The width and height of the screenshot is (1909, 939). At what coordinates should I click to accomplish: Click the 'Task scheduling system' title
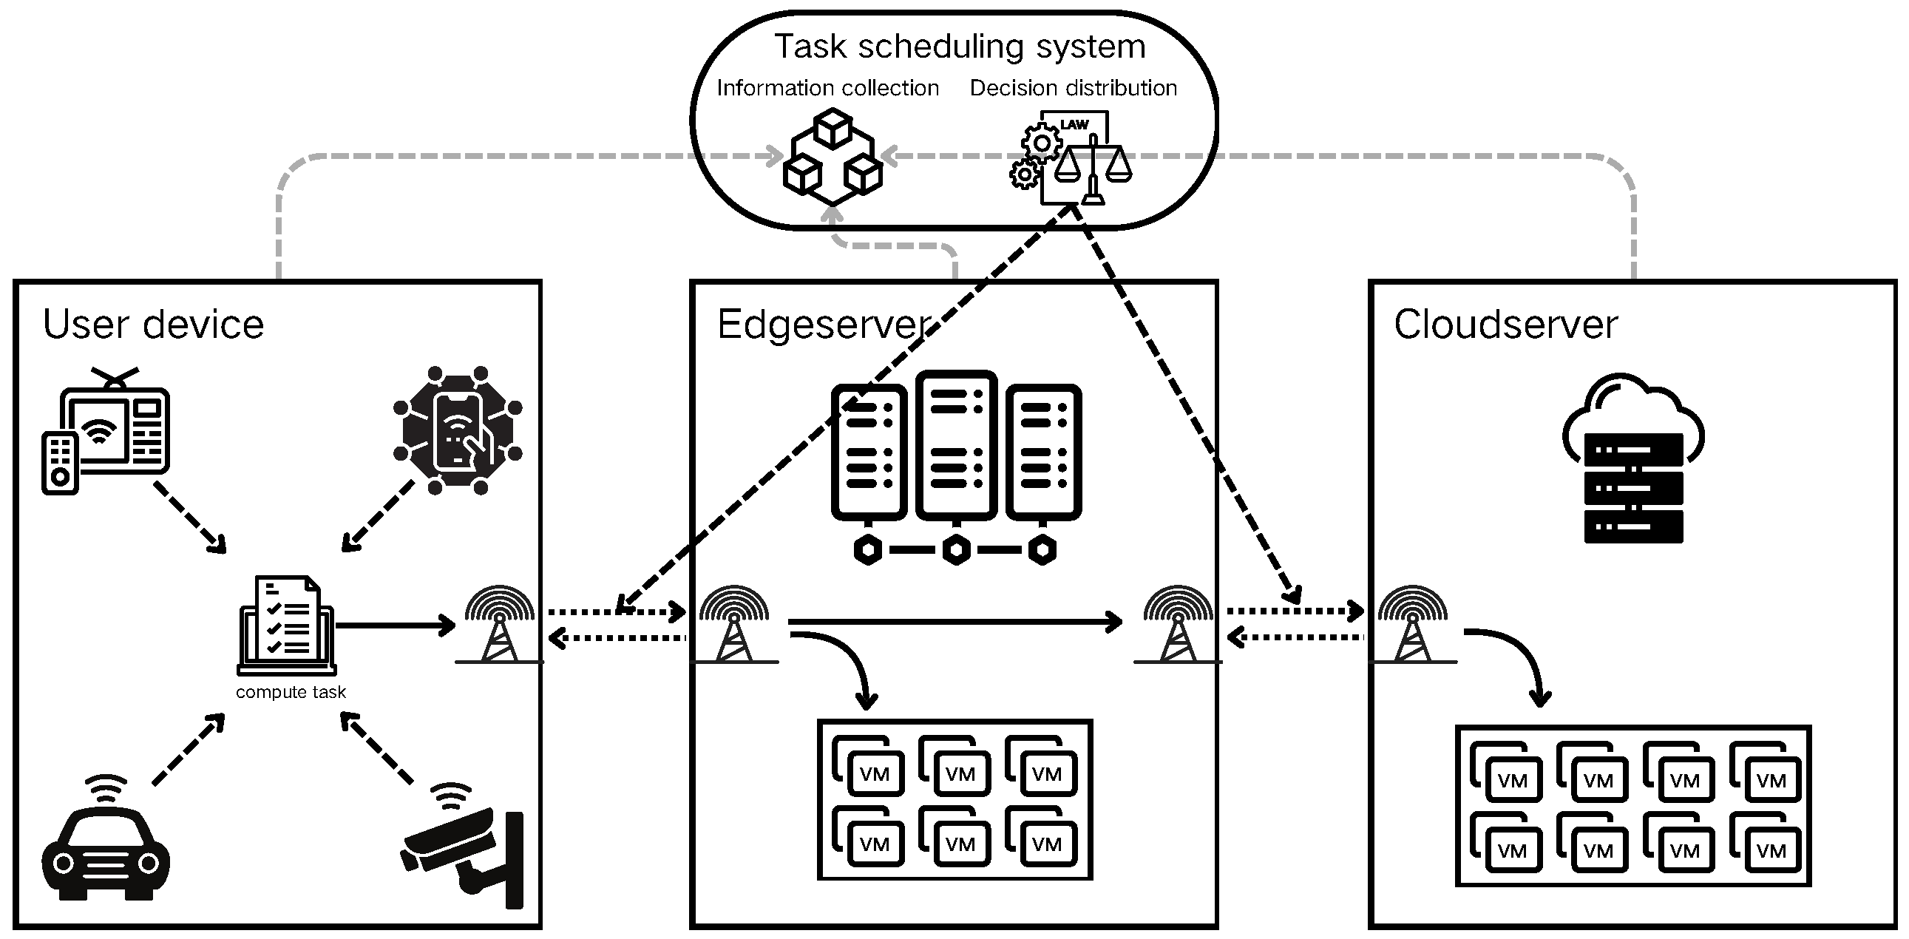(960, 47)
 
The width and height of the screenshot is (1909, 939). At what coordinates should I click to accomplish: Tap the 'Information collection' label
(827, 88)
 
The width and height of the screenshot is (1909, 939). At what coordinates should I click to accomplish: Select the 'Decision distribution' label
(1073, 88)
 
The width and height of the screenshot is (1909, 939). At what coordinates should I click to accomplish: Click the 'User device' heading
(153, 325)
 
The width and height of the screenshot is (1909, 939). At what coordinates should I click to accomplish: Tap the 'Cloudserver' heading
(1505, 325)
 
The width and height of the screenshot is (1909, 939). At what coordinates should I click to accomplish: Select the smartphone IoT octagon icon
(458, 430)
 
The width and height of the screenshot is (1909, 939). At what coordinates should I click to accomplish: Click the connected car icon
(106, 845)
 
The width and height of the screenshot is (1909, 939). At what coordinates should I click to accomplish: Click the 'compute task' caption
(291, 692)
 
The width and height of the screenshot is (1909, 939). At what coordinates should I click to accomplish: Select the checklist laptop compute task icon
(287, 626)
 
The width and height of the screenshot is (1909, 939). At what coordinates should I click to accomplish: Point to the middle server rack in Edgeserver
(956, 444)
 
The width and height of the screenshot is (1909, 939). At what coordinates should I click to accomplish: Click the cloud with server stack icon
(1633, 459)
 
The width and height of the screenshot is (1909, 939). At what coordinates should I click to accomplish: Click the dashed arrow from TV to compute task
(189, 518)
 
